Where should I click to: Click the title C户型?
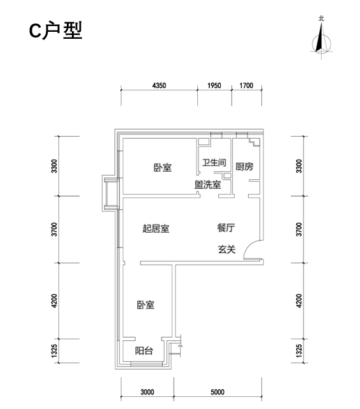click(x=55, y=31)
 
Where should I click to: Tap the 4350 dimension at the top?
click(x=159, y=86)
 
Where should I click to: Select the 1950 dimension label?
click(x=214, y=86)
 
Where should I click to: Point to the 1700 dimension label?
click(x=246, y=86)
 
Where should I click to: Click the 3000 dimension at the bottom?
click(x=147, y=392)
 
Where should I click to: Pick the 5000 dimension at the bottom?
click(x=218, y=392)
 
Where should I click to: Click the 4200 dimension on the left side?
click(x=54, y=301)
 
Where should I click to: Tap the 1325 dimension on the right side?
click(x=299, y=351)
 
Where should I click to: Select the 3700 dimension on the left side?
click(x=54, y=229)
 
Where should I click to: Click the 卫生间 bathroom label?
click(x=214, y=162)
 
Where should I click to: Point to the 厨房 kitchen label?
click(x=244, y=167)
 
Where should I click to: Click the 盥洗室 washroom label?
click(x=207, y=184)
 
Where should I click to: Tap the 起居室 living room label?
click(x=156, y=228)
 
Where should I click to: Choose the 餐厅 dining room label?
click(x=226, y=228)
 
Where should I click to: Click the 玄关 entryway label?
click(x=226, y=249)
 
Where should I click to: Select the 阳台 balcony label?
click(x=144, y=350)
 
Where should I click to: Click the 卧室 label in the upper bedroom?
click(x=163, y=167)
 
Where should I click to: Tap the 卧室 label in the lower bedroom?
click(x=146, y=305)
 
